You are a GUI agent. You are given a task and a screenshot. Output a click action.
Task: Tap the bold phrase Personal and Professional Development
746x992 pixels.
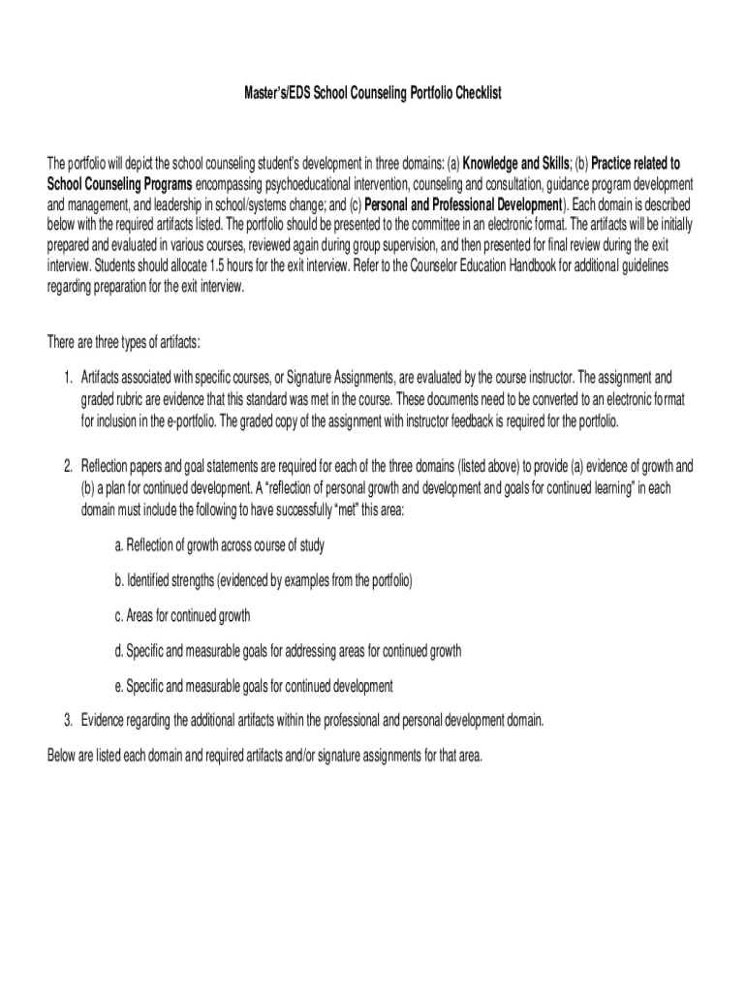(463, 205)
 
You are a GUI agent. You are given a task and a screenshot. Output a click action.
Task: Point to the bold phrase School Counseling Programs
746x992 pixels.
(120, 184)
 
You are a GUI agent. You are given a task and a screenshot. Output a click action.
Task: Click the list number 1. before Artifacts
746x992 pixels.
(69, 376)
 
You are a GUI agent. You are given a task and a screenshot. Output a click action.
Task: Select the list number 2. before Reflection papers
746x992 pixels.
(69, 466)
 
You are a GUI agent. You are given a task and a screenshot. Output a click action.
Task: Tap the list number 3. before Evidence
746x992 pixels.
(69, 720)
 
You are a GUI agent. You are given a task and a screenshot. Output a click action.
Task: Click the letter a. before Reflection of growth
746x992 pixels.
(118, 545)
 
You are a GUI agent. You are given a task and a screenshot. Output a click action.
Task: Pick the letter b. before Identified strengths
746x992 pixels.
(118, 580)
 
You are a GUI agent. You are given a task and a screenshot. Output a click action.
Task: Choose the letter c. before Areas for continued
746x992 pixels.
(118, 615)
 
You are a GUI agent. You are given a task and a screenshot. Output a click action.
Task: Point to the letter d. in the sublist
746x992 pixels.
(118, 651)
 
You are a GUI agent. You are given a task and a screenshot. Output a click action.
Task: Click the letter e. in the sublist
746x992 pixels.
(118, 686)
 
